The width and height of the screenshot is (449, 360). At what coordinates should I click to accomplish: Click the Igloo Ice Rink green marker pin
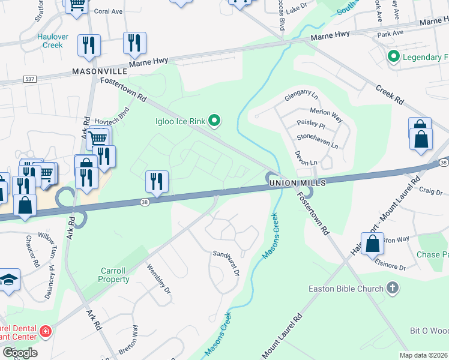pos(214,122)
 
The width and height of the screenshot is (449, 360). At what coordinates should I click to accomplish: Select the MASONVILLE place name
pos(99,71)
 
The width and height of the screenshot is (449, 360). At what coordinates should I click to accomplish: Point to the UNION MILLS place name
pos(297,182)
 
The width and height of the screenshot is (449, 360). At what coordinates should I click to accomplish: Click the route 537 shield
pos(29,79)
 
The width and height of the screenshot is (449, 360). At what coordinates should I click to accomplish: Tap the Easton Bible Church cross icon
pos(393,289)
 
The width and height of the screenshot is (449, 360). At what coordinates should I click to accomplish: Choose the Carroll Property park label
pos(115,275)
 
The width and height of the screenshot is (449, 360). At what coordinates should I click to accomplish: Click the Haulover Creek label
pos(53,41)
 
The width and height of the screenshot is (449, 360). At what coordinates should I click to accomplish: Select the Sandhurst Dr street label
pos(226,263)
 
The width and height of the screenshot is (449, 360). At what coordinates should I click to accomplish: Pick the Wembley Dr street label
pos(159,284)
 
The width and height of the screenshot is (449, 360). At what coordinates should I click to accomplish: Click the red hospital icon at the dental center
pos(45,331)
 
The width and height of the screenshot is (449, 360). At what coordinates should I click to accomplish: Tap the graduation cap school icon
pos(8,280)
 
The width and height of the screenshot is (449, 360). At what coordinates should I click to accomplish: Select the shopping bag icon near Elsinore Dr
pos(372,244)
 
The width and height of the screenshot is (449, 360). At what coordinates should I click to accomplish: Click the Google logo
pos(19,353)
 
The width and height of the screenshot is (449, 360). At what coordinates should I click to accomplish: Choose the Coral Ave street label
pos(108,11)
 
